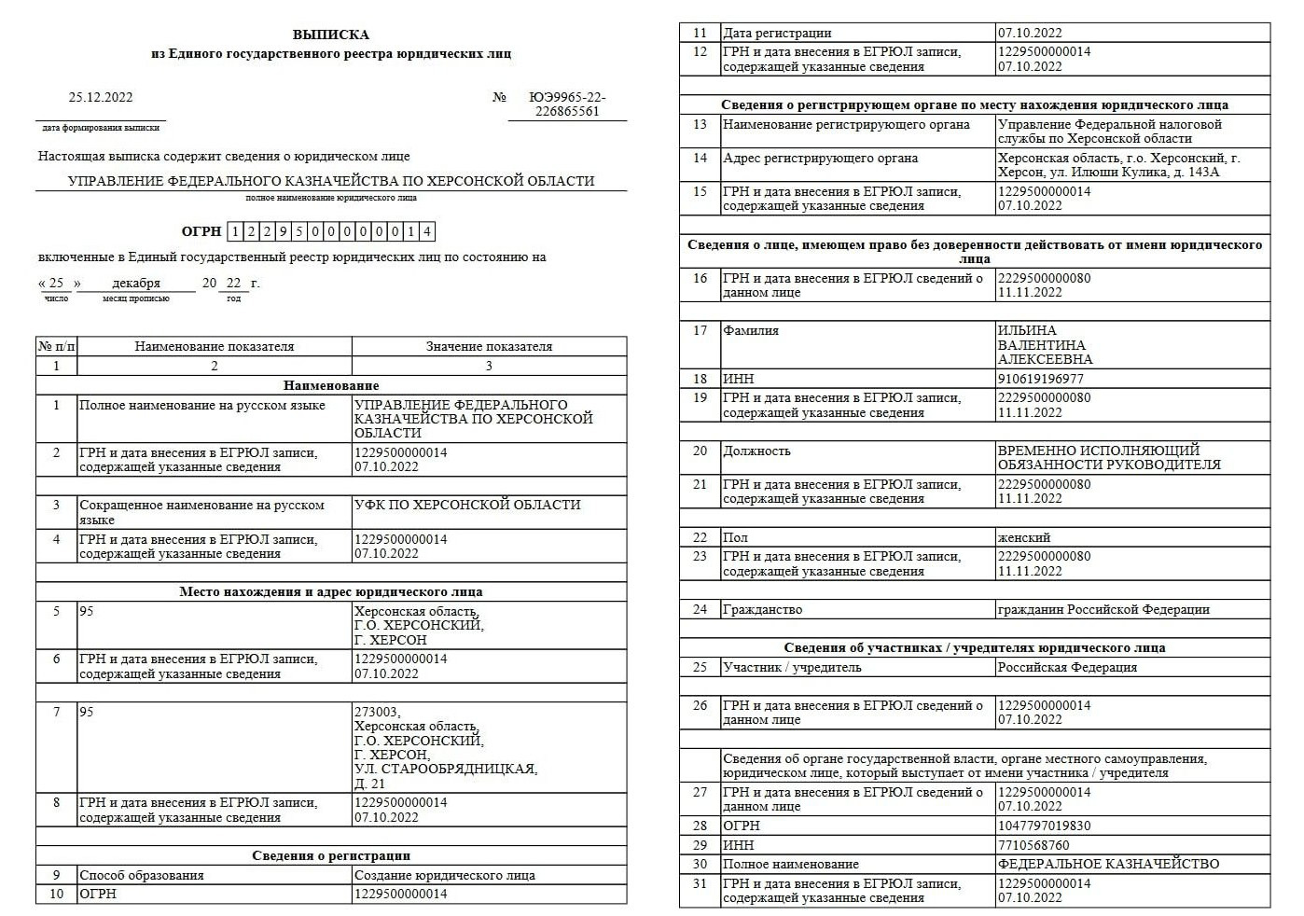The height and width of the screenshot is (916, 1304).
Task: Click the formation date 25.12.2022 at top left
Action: coord(101,97)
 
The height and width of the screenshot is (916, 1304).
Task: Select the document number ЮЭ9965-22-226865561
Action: coord(567,104)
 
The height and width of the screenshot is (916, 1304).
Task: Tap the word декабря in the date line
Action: coord(136,283)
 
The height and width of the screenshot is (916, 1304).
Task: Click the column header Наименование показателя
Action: coord(214,346)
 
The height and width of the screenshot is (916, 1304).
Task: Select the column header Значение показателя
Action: coord(489,346)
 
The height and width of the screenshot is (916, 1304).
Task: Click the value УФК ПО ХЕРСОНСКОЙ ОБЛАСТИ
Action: coord(467,506)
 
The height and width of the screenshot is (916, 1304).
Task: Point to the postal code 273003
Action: coord(377,712)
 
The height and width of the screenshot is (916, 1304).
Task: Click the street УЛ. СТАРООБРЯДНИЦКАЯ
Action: coord(446,769)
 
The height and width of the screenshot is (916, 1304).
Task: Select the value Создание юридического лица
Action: coord(445,875)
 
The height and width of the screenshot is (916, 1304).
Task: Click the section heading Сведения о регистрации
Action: coord(330,855)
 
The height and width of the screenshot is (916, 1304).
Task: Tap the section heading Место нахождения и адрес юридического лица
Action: coord(330,591)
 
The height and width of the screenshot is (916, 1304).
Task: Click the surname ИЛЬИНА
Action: coord(1027,330)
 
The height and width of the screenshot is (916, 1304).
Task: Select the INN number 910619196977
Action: coord(1041,379)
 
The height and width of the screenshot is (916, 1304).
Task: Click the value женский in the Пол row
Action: coord(1024,537)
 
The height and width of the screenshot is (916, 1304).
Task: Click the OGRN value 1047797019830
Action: coord(1044,826)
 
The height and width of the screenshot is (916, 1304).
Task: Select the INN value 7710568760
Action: coord(1033,845)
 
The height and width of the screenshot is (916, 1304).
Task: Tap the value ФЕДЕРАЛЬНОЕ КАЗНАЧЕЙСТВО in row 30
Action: coord(1108,864)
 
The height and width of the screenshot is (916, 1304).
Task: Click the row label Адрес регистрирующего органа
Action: coord(820,159)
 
